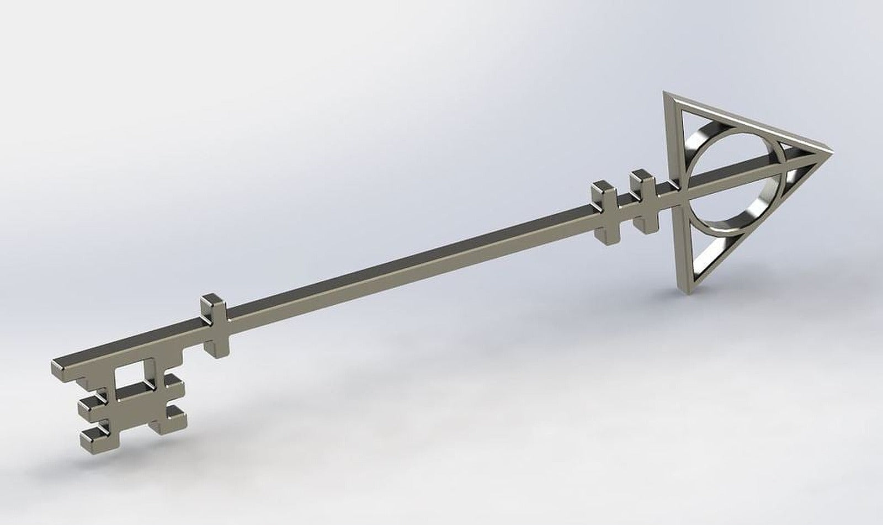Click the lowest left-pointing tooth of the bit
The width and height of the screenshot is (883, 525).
pos(91,437)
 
